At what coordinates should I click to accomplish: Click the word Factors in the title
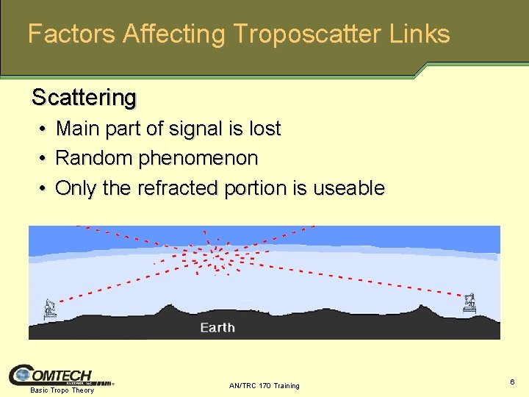click(71, 34)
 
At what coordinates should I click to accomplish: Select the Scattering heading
click(84, 97)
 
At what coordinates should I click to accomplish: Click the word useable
click(348, 188)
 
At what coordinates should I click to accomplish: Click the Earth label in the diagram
click(217, 327)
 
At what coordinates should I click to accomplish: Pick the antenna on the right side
click(469, 302)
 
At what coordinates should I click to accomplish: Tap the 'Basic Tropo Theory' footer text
click(62, 390)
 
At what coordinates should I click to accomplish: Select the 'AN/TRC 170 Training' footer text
click(264, 386)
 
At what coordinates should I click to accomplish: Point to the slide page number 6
click(512, 382)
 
